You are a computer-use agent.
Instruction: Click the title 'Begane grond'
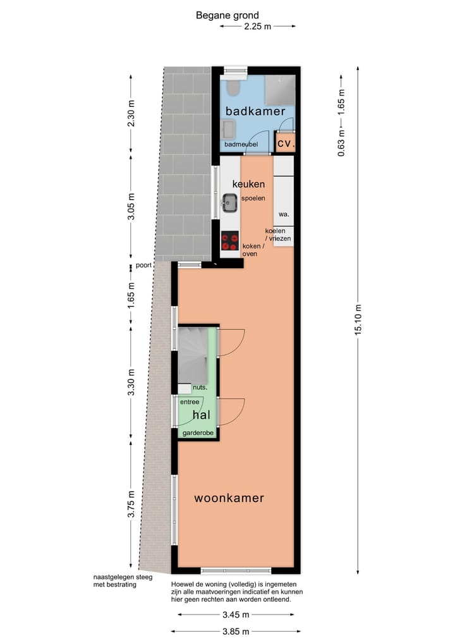tap(227, 15)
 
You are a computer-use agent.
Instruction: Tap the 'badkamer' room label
tap(255, 111)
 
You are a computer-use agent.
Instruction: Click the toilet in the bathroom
tap(233, 86)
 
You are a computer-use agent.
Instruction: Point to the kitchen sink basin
tap(229, 203)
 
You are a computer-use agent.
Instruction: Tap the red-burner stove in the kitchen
tap(229, 241)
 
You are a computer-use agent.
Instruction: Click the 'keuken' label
tap(248, 183)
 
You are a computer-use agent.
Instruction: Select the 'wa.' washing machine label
tap(284, 214)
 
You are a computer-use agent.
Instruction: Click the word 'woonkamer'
tap(229, 498)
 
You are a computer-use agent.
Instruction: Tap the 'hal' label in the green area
tap(202, 415)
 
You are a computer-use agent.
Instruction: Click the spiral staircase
tap(193, 354)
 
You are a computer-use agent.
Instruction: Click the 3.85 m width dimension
tap(234, 631)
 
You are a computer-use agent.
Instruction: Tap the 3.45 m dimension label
tap(234, 615)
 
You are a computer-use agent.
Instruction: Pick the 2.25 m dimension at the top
tap(257, 26)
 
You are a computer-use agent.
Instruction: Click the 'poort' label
tap(143, 266)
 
